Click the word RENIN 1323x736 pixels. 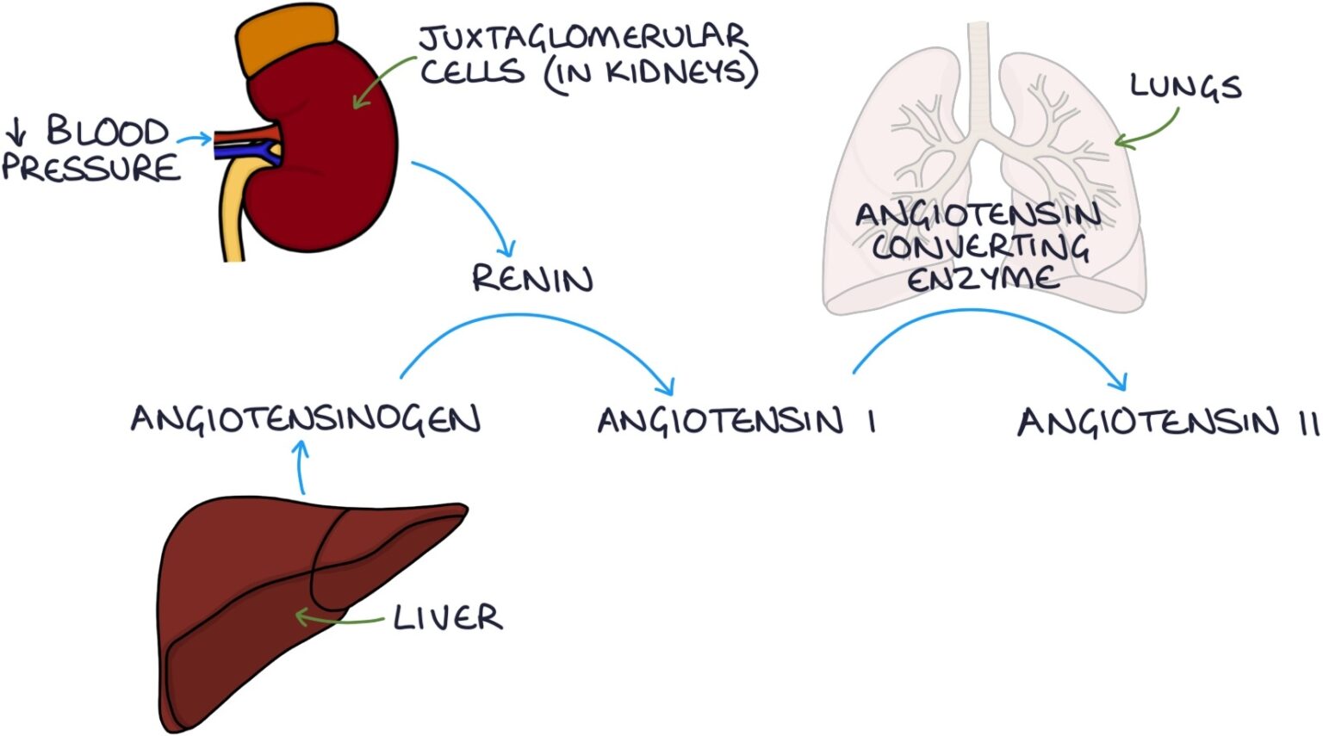(x=532, y=280)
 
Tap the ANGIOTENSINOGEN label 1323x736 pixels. (x=306, y=419)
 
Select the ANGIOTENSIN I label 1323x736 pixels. (x=736, y=421)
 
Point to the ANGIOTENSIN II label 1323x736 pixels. (x=1167, y=423)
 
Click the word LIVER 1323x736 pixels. (x=448, y=617)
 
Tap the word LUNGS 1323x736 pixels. (x=1185, y=87)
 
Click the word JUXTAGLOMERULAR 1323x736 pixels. (x=583, y=38)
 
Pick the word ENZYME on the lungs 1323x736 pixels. (x=982, y=279)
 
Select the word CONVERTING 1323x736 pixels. (x=980, y=247)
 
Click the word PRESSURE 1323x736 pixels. (x=91, y=167)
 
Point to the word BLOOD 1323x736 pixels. (x=107, y=131)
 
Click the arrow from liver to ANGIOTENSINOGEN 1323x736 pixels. (x=301, y=467)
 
